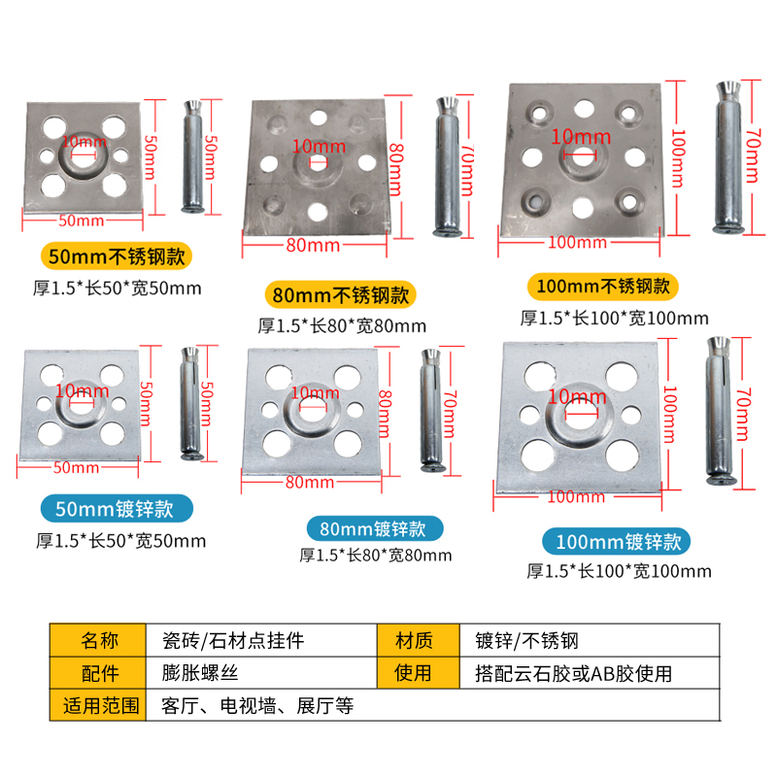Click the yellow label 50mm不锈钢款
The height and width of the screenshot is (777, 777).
(117, 257)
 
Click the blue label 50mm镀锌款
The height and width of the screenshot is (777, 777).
(117, 510)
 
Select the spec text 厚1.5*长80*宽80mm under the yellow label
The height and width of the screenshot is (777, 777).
(341, 325)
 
